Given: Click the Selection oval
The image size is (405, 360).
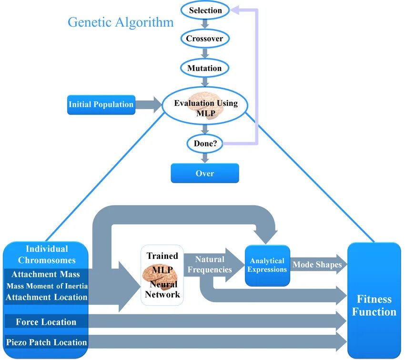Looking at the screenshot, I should coord(205,10).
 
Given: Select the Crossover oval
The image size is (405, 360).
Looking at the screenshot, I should coord(204,39).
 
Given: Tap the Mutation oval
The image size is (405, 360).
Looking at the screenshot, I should coord(204,68).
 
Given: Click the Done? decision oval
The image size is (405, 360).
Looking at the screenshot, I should coord(205,143).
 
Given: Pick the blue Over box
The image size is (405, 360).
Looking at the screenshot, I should coord(205,174).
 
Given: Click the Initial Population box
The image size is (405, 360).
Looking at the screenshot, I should coord(101,104).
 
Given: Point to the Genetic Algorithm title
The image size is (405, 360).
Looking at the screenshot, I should coord(121,22).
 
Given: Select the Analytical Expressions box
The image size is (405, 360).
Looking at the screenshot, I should coord(267,265).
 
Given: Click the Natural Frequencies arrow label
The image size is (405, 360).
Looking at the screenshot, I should coord(210,265).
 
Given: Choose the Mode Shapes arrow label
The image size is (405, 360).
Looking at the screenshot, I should coord(317,265).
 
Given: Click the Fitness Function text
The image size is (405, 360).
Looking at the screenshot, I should coord(374,306).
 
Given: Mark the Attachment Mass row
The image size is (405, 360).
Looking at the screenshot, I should coord(46,275).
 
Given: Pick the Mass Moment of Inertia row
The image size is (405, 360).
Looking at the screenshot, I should coord(47,286).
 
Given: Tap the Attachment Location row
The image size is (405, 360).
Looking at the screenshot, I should coord(46,297).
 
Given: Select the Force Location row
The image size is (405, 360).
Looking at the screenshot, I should coord(46,322).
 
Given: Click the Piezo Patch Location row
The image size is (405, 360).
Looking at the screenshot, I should coord(46,342).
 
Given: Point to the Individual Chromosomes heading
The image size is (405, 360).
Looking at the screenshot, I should coord(47,255).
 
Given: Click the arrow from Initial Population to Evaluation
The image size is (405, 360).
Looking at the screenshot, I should coord(149,104).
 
